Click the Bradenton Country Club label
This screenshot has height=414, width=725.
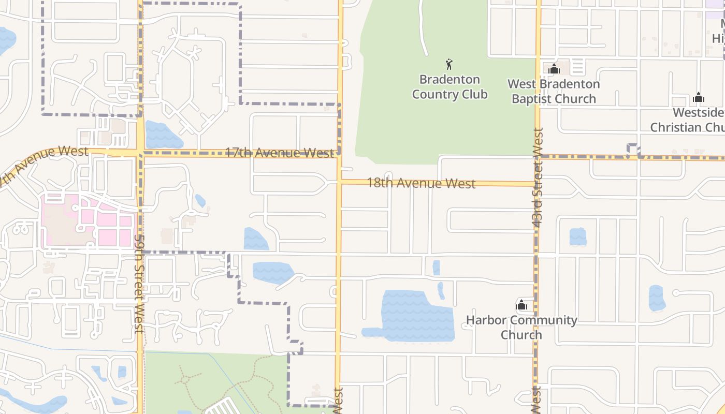pos(450,87)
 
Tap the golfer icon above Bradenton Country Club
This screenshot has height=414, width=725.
pos(449,65)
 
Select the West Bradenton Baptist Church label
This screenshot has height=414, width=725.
pos(554,91)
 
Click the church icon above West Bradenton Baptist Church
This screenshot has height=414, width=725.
pos(554,68)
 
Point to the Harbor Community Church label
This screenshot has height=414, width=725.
pos(521,327)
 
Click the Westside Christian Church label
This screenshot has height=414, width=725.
pos(689,120)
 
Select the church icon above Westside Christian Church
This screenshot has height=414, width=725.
pos(699,97)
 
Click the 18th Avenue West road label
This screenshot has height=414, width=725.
pos(421,183)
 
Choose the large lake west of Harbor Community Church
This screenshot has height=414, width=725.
pos(414,316)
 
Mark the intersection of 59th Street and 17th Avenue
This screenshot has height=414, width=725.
pos(140,153)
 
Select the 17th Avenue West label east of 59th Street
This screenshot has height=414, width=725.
pos(280,153)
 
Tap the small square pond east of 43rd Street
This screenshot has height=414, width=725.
pos(578,236)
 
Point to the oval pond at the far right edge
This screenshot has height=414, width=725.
pos(657,298)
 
